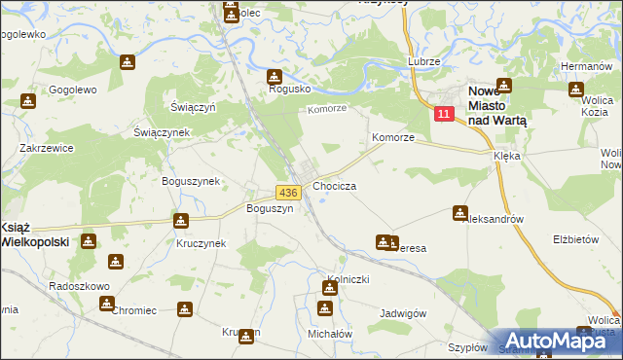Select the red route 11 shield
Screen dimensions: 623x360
(x=444, y=115)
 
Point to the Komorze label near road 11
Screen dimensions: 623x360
(x=393, y=138)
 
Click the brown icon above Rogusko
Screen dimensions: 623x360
(x=275, y=77)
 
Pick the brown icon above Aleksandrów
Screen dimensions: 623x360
(x=460, y=212)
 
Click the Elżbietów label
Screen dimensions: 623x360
(x=574, y=238)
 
